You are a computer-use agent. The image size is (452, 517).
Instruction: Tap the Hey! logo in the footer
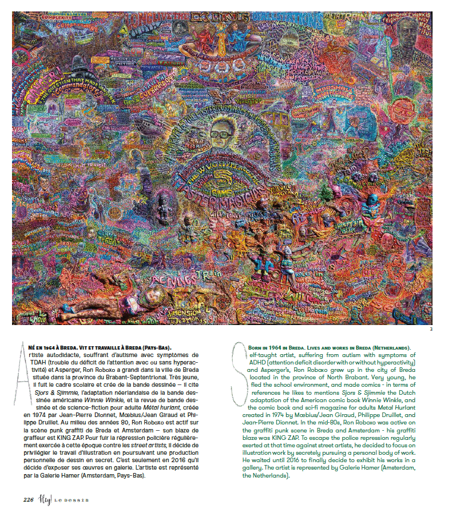47,498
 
